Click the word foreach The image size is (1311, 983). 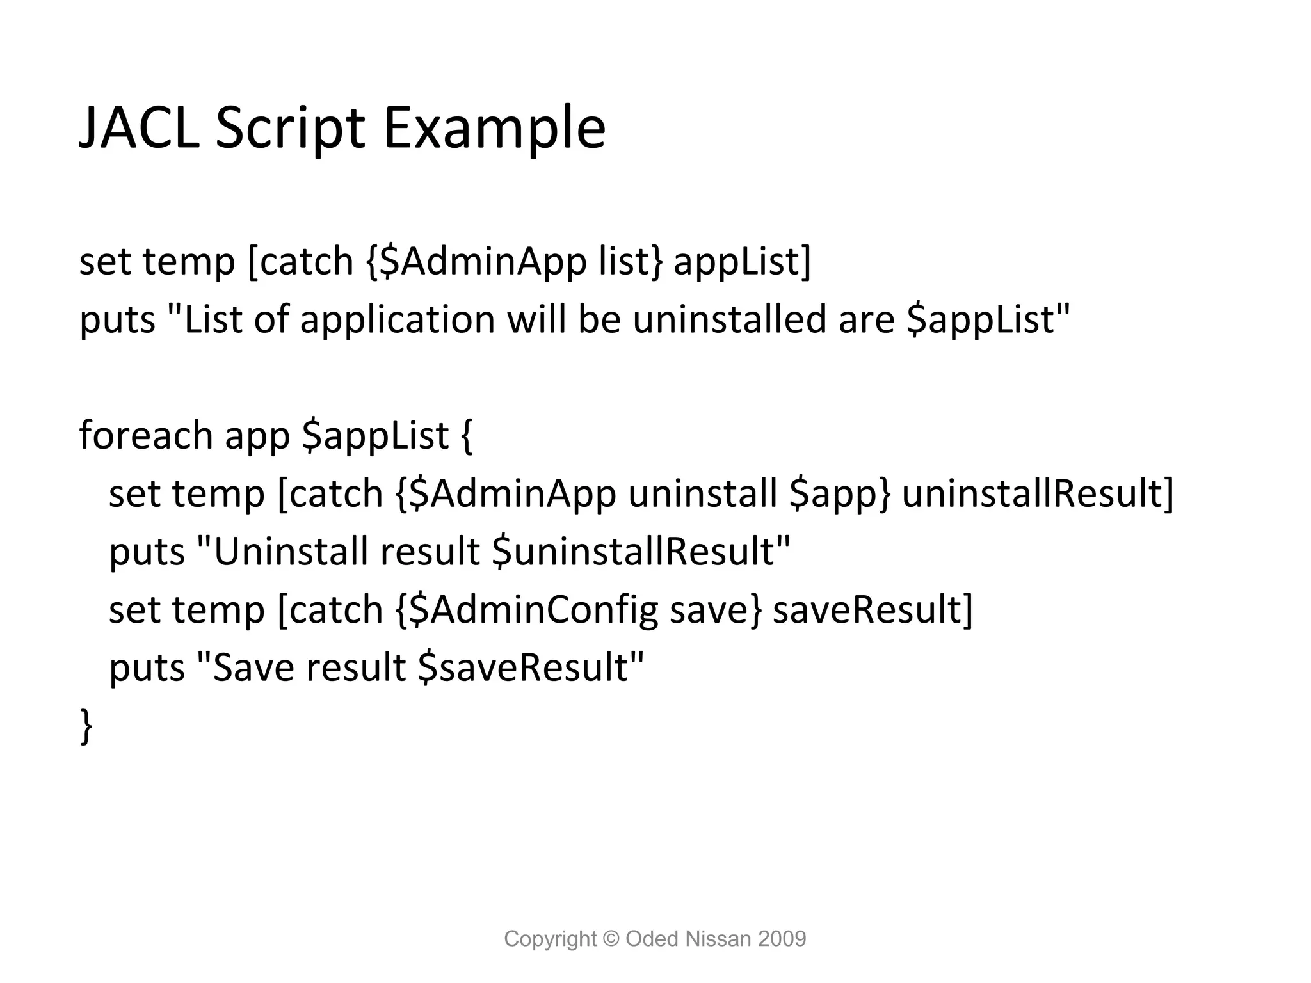146,435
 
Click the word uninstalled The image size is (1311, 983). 730,319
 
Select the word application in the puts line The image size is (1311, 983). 398,319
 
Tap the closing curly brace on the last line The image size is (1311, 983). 86,726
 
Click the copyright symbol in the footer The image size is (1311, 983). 611,939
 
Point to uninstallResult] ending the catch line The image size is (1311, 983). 1038,493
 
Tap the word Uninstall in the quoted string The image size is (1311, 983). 291,552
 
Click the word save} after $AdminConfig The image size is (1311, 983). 716,609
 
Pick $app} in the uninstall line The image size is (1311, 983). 839,493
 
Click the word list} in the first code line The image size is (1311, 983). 631,261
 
